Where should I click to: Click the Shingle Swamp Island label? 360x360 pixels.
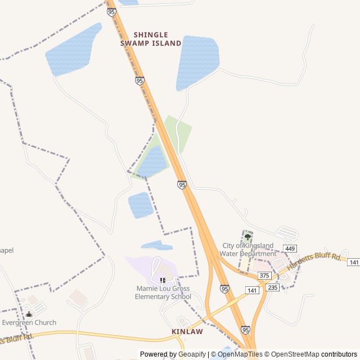[151, 39]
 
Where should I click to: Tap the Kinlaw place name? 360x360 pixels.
[187, 332]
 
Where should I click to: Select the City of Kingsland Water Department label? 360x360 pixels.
[249, 250]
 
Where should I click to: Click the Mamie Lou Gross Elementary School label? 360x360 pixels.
[163, 292]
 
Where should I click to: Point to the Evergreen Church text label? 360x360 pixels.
[29, 322]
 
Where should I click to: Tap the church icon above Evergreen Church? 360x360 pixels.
[29, 314]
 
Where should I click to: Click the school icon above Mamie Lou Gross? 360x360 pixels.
[163, 280]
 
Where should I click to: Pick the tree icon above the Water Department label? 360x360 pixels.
[247, 237]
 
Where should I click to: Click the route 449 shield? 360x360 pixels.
[290, 249]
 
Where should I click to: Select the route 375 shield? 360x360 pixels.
[264, 276]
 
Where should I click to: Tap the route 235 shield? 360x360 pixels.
[273, 287]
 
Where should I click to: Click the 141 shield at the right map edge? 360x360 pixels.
[353, 262]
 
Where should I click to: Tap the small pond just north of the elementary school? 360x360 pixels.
[156, 245]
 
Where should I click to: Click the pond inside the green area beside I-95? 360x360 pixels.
[152, 162]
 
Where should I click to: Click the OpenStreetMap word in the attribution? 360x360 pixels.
[295, 354]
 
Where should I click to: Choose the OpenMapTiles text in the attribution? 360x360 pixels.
[240, 354]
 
